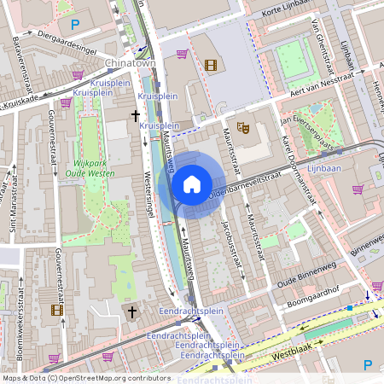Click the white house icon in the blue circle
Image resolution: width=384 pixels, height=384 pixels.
tap(192, 183)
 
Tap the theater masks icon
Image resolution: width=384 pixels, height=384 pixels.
tap(243, 127)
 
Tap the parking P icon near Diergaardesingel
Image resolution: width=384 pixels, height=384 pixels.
tap(75, 24)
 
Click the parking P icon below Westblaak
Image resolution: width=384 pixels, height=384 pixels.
tap(368, 364)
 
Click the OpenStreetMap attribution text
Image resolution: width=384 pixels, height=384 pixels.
tap(86, 378)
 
